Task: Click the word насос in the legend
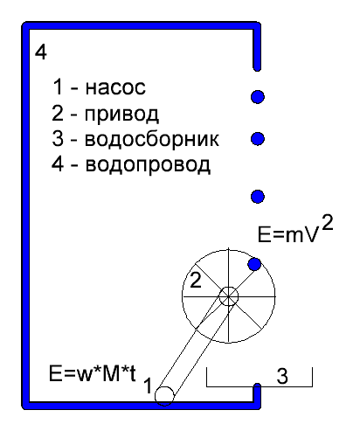point(115,87)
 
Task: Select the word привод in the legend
point(121,115)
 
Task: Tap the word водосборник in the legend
point(152,139)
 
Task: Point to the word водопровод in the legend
point(148,164)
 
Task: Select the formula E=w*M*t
point(93,373)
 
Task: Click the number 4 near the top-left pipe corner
point(41,52)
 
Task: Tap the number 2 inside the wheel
point(196,281)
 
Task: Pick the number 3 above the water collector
point(282,376)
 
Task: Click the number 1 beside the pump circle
point(148,386)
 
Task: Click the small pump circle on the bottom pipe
point(164,396)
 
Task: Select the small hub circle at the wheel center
point(229,296)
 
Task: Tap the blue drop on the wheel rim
point(254,264)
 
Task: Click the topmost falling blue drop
point(258,97)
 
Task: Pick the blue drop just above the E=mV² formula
point(258,197)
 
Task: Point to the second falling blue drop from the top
point(258,139)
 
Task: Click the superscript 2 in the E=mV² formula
point(328,223)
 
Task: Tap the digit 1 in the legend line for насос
point(58,87)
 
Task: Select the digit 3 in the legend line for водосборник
point(58,139)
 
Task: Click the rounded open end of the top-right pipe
point(257,67)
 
